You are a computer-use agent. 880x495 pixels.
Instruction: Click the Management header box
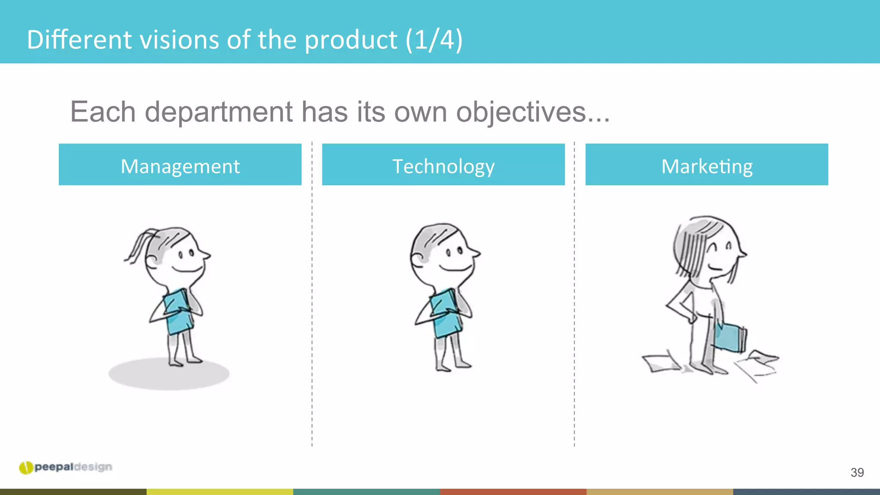click(x=180, y=165)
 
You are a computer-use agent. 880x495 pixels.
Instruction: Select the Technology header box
click(x=443, y=165)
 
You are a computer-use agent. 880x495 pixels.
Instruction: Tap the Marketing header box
click(x=706, y=165)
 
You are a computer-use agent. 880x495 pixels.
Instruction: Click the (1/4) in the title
click(x=434, y=40)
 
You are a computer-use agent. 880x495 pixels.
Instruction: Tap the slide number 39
click(x=857, y=473)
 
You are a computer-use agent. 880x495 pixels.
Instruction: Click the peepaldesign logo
click(x=66, y=467)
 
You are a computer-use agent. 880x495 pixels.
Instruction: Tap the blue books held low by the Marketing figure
click(x=730, y=337)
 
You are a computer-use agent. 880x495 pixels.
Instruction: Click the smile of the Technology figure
click(x=455, y=269)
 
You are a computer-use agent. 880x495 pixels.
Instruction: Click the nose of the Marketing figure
click(x=743, y=254)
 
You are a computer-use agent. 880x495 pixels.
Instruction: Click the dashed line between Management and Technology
click(x=312, y=301)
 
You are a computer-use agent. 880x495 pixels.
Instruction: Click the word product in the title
click(x=351, y=40)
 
